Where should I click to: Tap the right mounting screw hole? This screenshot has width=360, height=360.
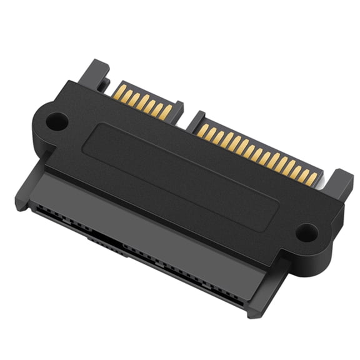306,232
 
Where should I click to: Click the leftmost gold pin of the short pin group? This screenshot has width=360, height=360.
121,91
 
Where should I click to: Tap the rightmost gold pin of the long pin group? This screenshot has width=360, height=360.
311,179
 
